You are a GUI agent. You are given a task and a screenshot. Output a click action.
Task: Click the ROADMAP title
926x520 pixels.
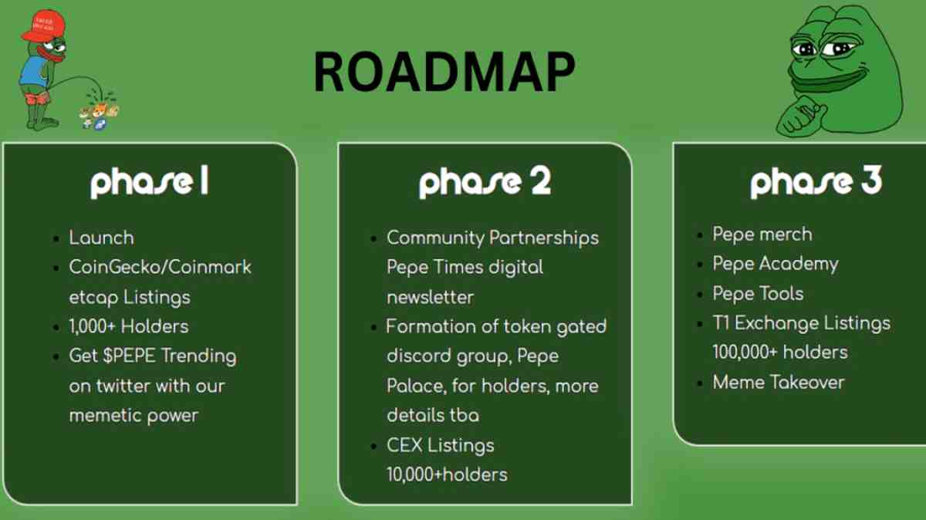444,74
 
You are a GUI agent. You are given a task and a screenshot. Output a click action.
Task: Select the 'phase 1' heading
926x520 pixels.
149,183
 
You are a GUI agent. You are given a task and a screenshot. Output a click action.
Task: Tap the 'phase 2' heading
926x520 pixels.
485,183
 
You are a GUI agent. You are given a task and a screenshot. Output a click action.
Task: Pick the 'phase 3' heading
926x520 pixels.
816,183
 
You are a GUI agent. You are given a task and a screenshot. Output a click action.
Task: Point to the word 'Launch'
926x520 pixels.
101,238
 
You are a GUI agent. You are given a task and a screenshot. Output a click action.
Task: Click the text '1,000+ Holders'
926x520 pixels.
129,326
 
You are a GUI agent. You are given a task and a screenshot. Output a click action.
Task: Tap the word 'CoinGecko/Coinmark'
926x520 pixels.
160,268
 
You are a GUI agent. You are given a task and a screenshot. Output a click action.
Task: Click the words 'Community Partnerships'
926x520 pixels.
492,238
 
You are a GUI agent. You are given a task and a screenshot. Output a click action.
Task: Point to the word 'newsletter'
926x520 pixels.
430,297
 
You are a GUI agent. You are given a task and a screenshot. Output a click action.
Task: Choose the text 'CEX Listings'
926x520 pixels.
440,445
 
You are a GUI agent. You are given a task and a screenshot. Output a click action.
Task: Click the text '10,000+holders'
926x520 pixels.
447,474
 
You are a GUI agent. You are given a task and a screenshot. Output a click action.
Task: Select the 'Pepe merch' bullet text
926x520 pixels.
762,235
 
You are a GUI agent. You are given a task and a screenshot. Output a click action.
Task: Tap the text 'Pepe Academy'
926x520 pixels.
775,264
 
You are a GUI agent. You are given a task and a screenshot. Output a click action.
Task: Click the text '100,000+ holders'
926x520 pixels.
779,353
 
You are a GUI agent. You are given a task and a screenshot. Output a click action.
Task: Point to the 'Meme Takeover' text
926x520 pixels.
778,382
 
